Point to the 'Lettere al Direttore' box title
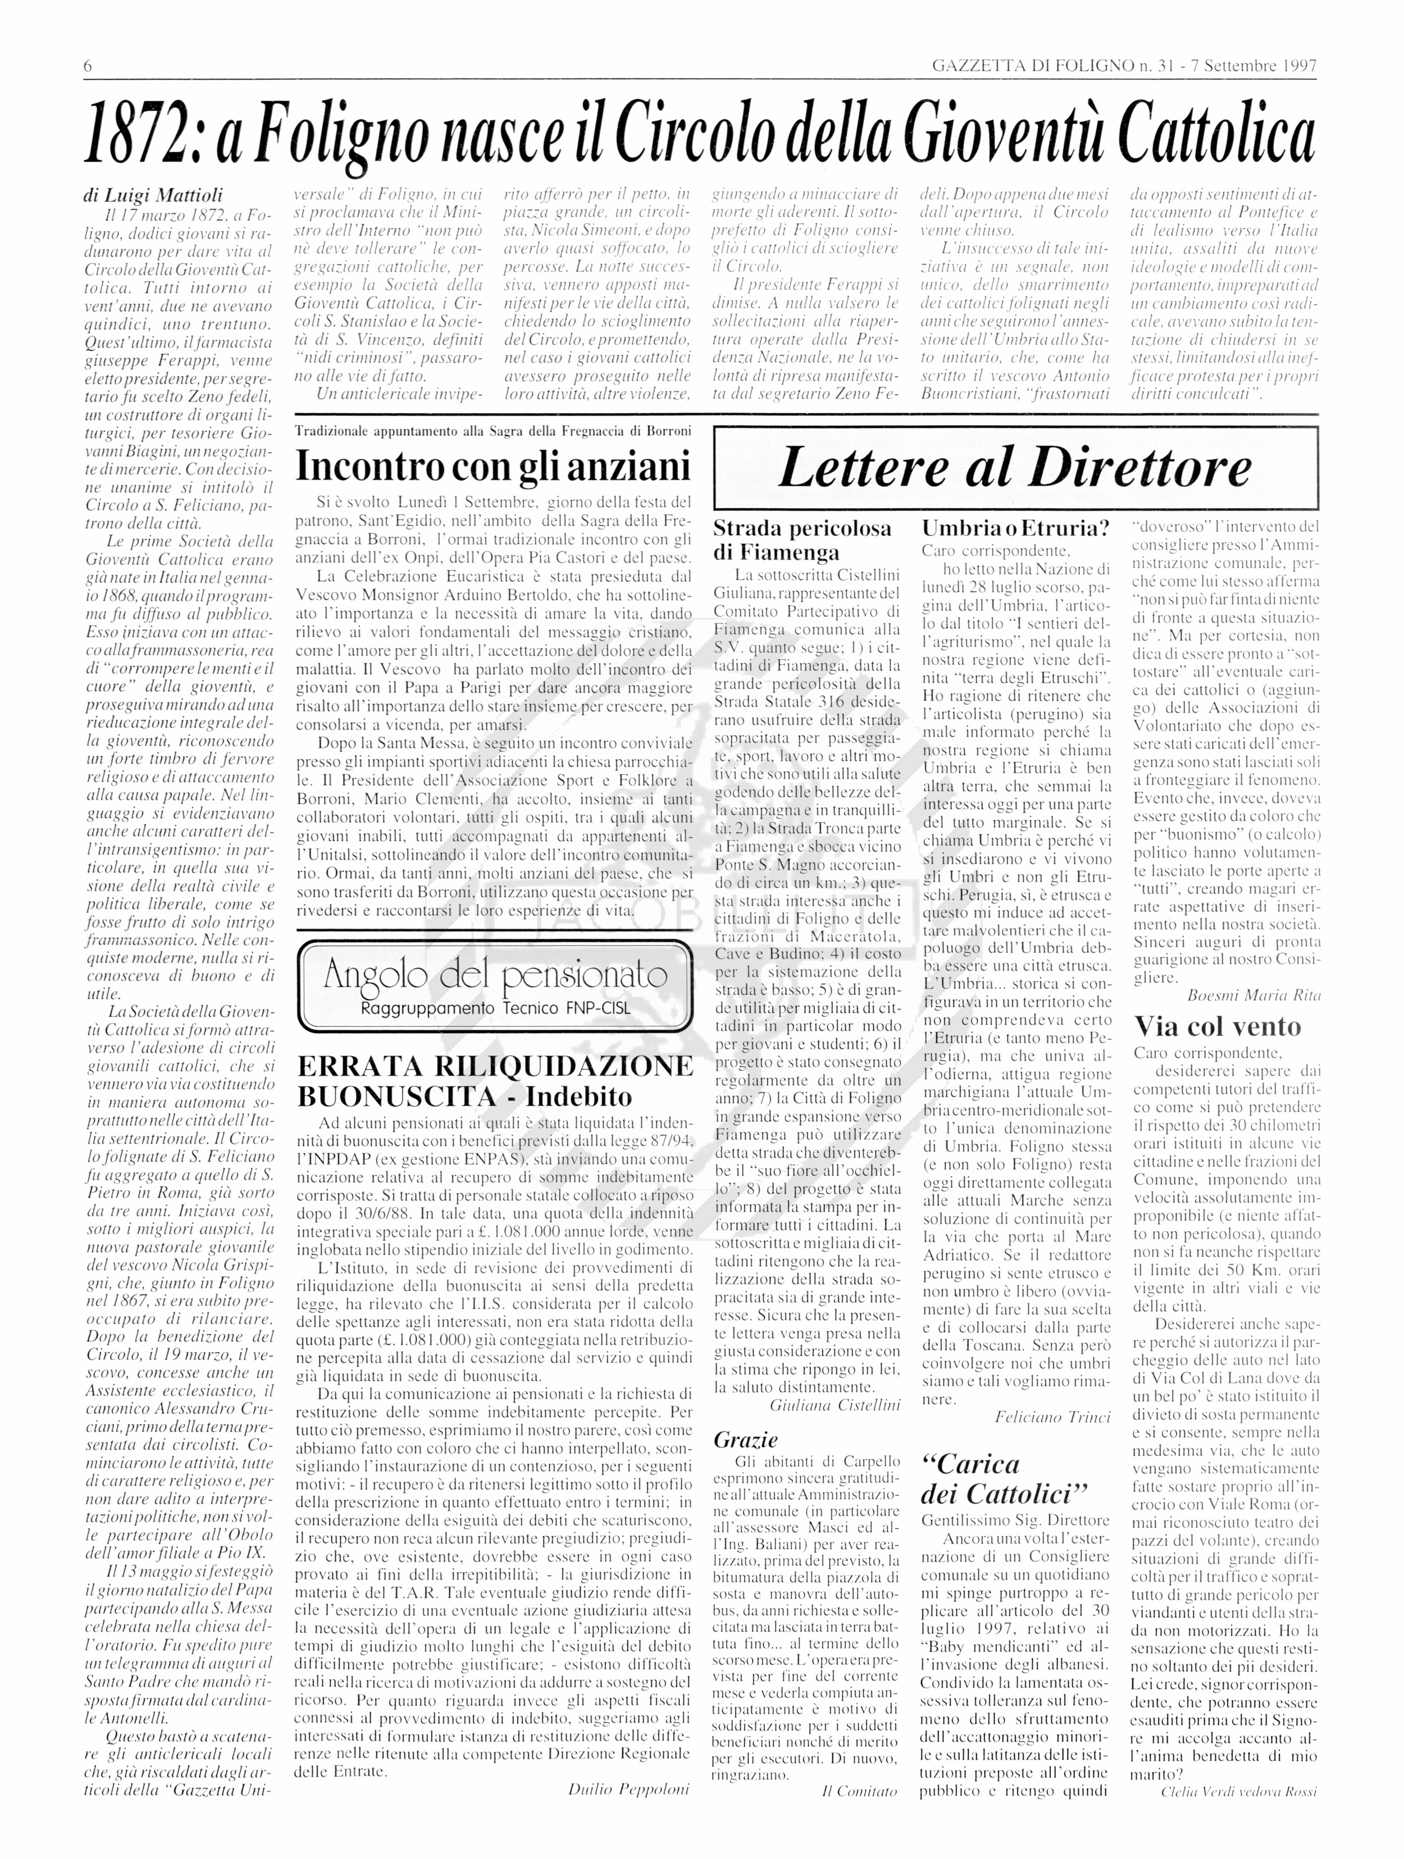1015,468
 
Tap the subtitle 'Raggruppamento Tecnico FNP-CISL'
494,1008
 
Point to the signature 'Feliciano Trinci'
1052,1417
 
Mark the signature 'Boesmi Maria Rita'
1253,995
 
